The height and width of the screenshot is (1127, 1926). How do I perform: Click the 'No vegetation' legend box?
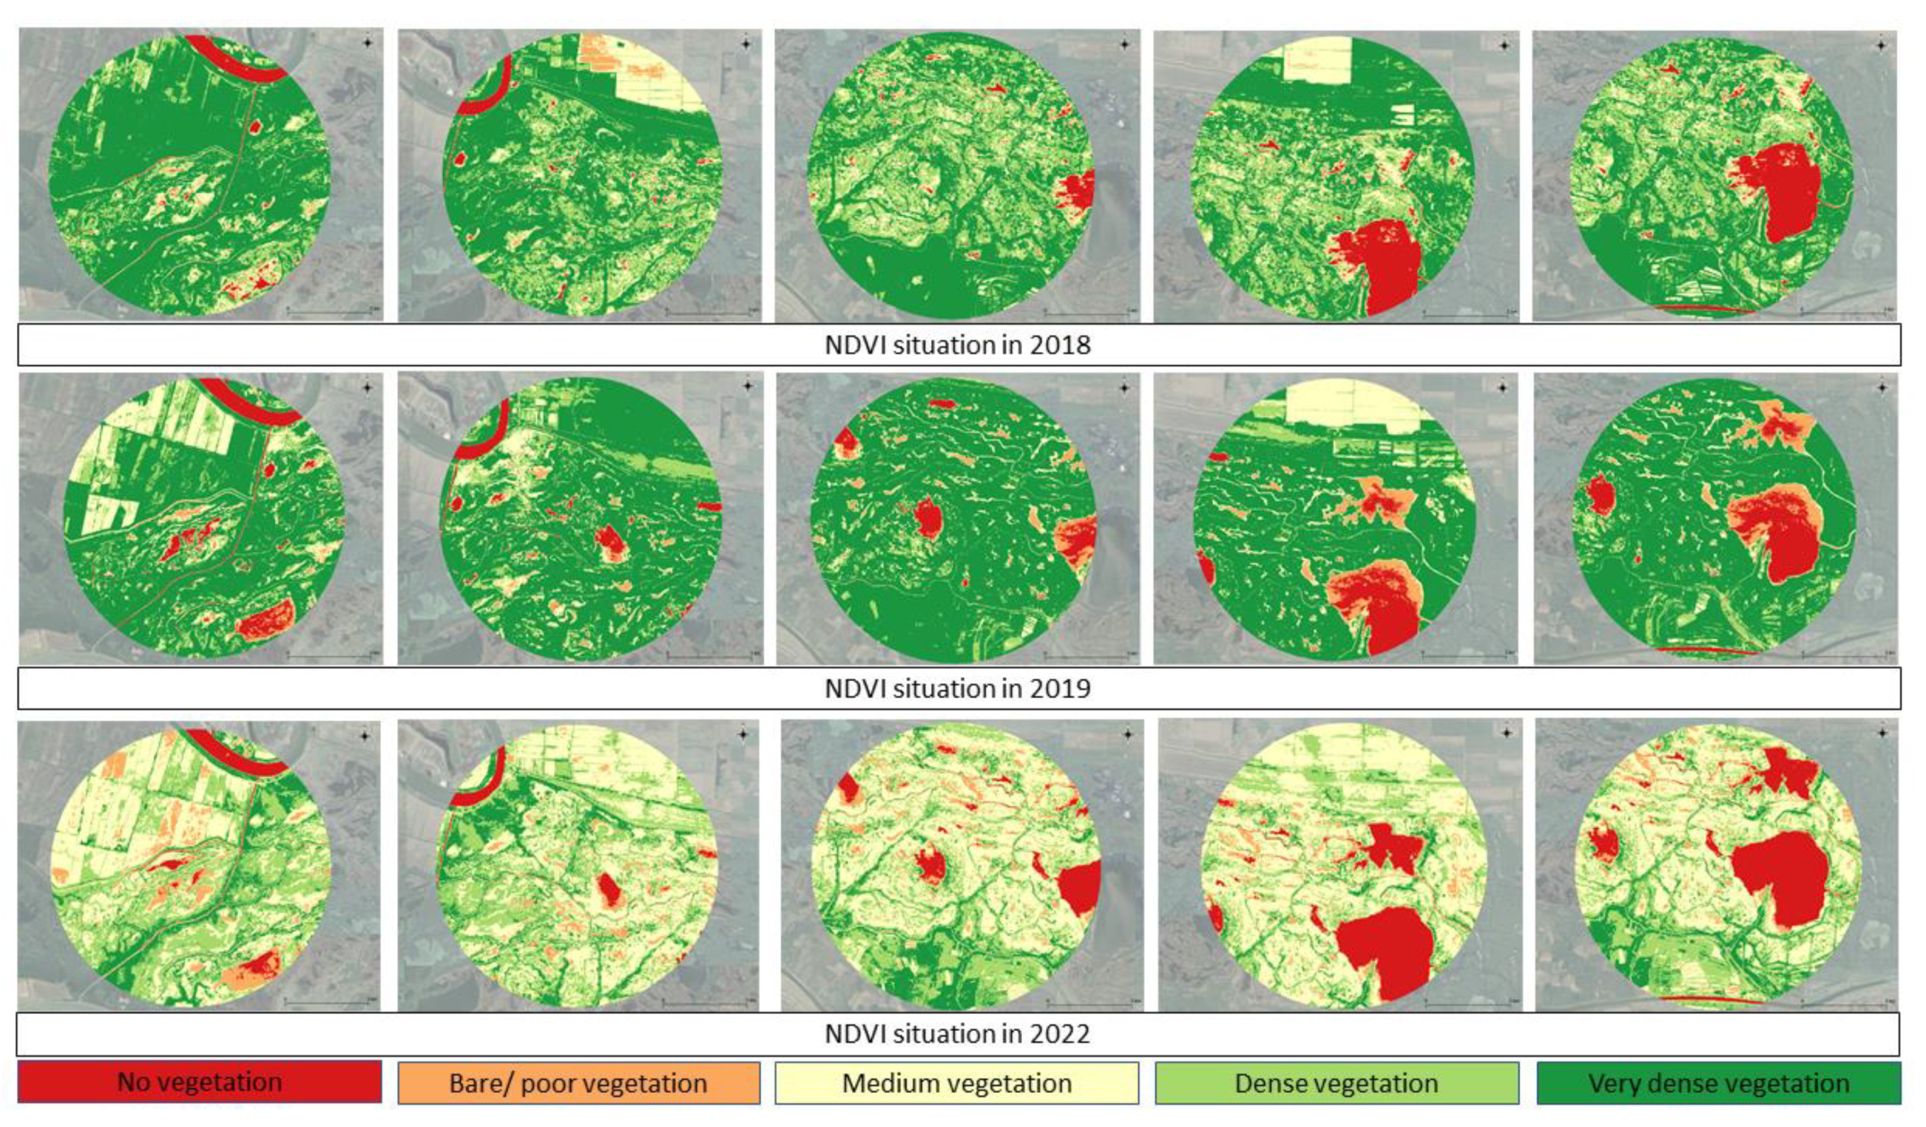(200, 1082)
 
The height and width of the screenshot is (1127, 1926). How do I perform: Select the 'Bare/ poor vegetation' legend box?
(579, 1083)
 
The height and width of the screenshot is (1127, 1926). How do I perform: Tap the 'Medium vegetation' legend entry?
(957, 1083)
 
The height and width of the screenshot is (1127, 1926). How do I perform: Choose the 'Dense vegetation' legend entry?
(1337, 1083)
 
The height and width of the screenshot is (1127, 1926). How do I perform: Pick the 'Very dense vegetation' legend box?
(1719, 1083)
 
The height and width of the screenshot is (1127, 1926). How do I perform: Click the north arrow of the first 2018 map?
(368, 43)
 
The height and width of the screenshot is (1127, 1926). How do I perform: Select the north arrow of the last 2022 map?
(1882, 733)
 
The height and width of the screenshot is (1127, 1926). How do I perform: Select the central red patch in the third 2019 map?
(929, 520)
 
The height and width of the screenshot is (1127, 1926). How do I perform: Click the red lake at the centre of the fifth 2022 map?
(1781, 878)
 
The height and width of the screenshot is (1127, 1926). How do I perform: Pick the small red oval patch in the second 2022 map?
(609, 890)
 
